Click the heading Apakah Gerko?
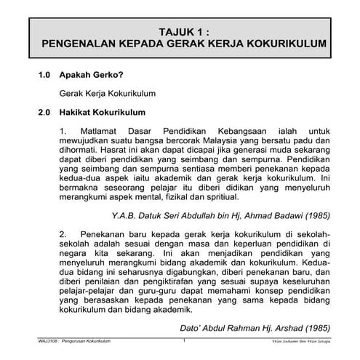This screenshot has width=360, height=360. pos(91,75)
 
